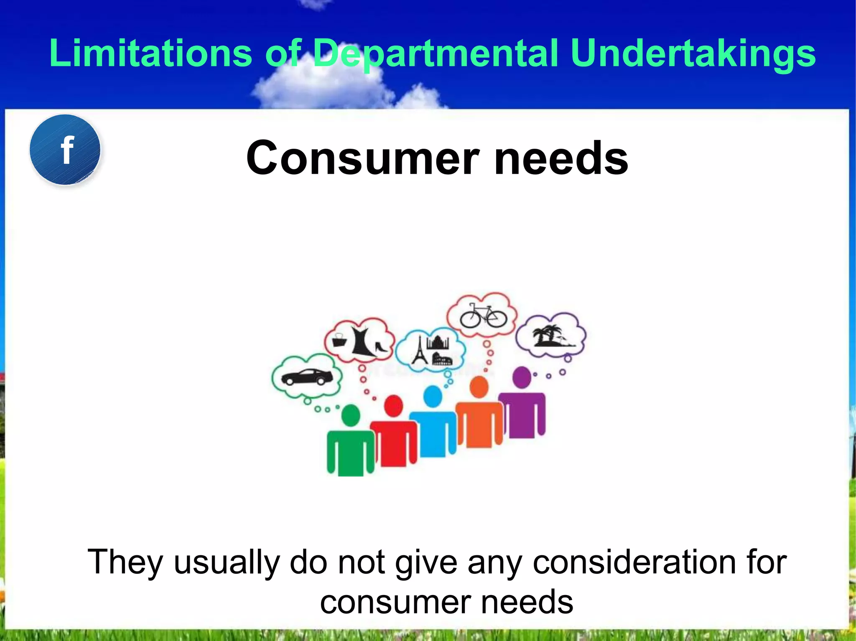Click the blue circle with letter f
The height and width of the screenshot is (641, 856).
(65, 150)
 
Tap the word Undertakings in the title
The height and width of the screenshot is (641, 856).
(693, 53)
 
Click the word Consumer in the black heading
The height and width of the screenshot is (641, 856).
(362, 158)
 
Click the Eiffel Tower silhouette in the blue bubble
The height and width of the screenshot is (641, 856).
(419, 351)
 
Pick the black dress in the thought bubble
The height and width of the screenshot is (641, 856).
(362, 342)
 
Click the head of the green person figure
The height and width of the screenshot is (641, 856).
(351, 416)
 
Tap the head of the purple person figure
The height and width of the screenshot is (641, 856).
(522, 377)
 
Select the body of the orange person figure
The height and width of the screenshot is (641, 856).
(479, 424)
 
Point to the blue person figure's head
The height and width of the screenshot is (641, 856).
(433, 396)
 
